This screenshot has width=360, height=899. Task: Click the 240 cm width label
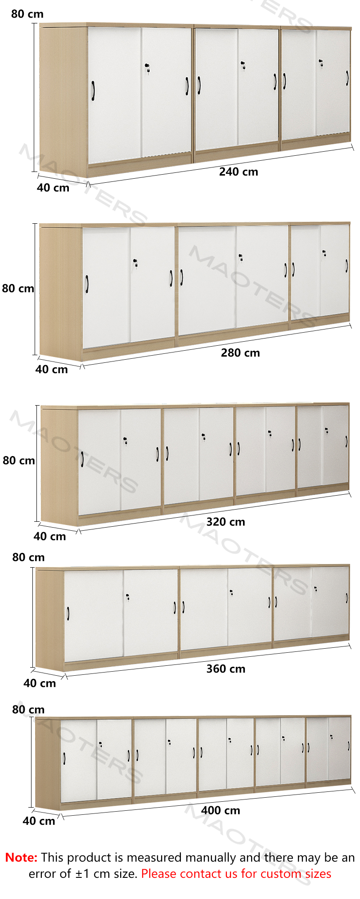[238, 172]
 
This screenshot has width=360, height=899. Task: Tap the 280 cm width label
[240, 353]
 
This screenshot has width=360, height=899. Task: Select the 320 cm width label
[226, 522]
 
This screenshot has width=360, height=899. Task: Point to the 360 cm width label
[226, 669]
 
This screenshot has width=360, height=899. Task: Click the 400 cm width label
[220, 810]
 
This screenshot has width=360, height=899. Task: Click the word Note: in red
[21, 858]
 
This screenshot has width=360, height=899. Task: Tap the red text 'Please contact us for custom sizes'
[236, 874]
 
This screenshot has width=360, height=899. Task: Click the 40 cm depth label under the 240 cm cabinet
[53, 188]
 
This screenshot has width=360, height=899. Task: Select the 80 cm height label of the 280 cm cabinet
[18, 288]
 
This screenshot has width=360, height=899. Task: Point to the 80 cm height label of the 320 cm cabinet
[19, 460]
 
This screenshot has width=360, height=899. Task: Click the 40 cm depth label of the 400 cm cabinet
[39, 821]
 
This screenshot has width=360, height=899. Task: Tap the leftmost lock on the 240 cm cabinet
[147, 68]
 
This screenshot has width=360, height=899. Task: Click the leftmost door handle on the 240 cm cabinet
[93, 90]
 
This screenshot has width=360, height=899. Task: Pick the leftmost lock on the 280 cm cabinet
[135, 262]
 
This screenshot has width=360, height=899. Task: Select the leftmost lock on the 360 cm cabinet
[128, 597]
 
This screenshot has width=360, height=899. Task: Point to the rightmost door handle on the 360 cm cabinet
[346, 598]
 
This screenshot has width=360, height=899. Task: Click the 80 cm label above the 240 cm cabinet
[27, 14]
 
